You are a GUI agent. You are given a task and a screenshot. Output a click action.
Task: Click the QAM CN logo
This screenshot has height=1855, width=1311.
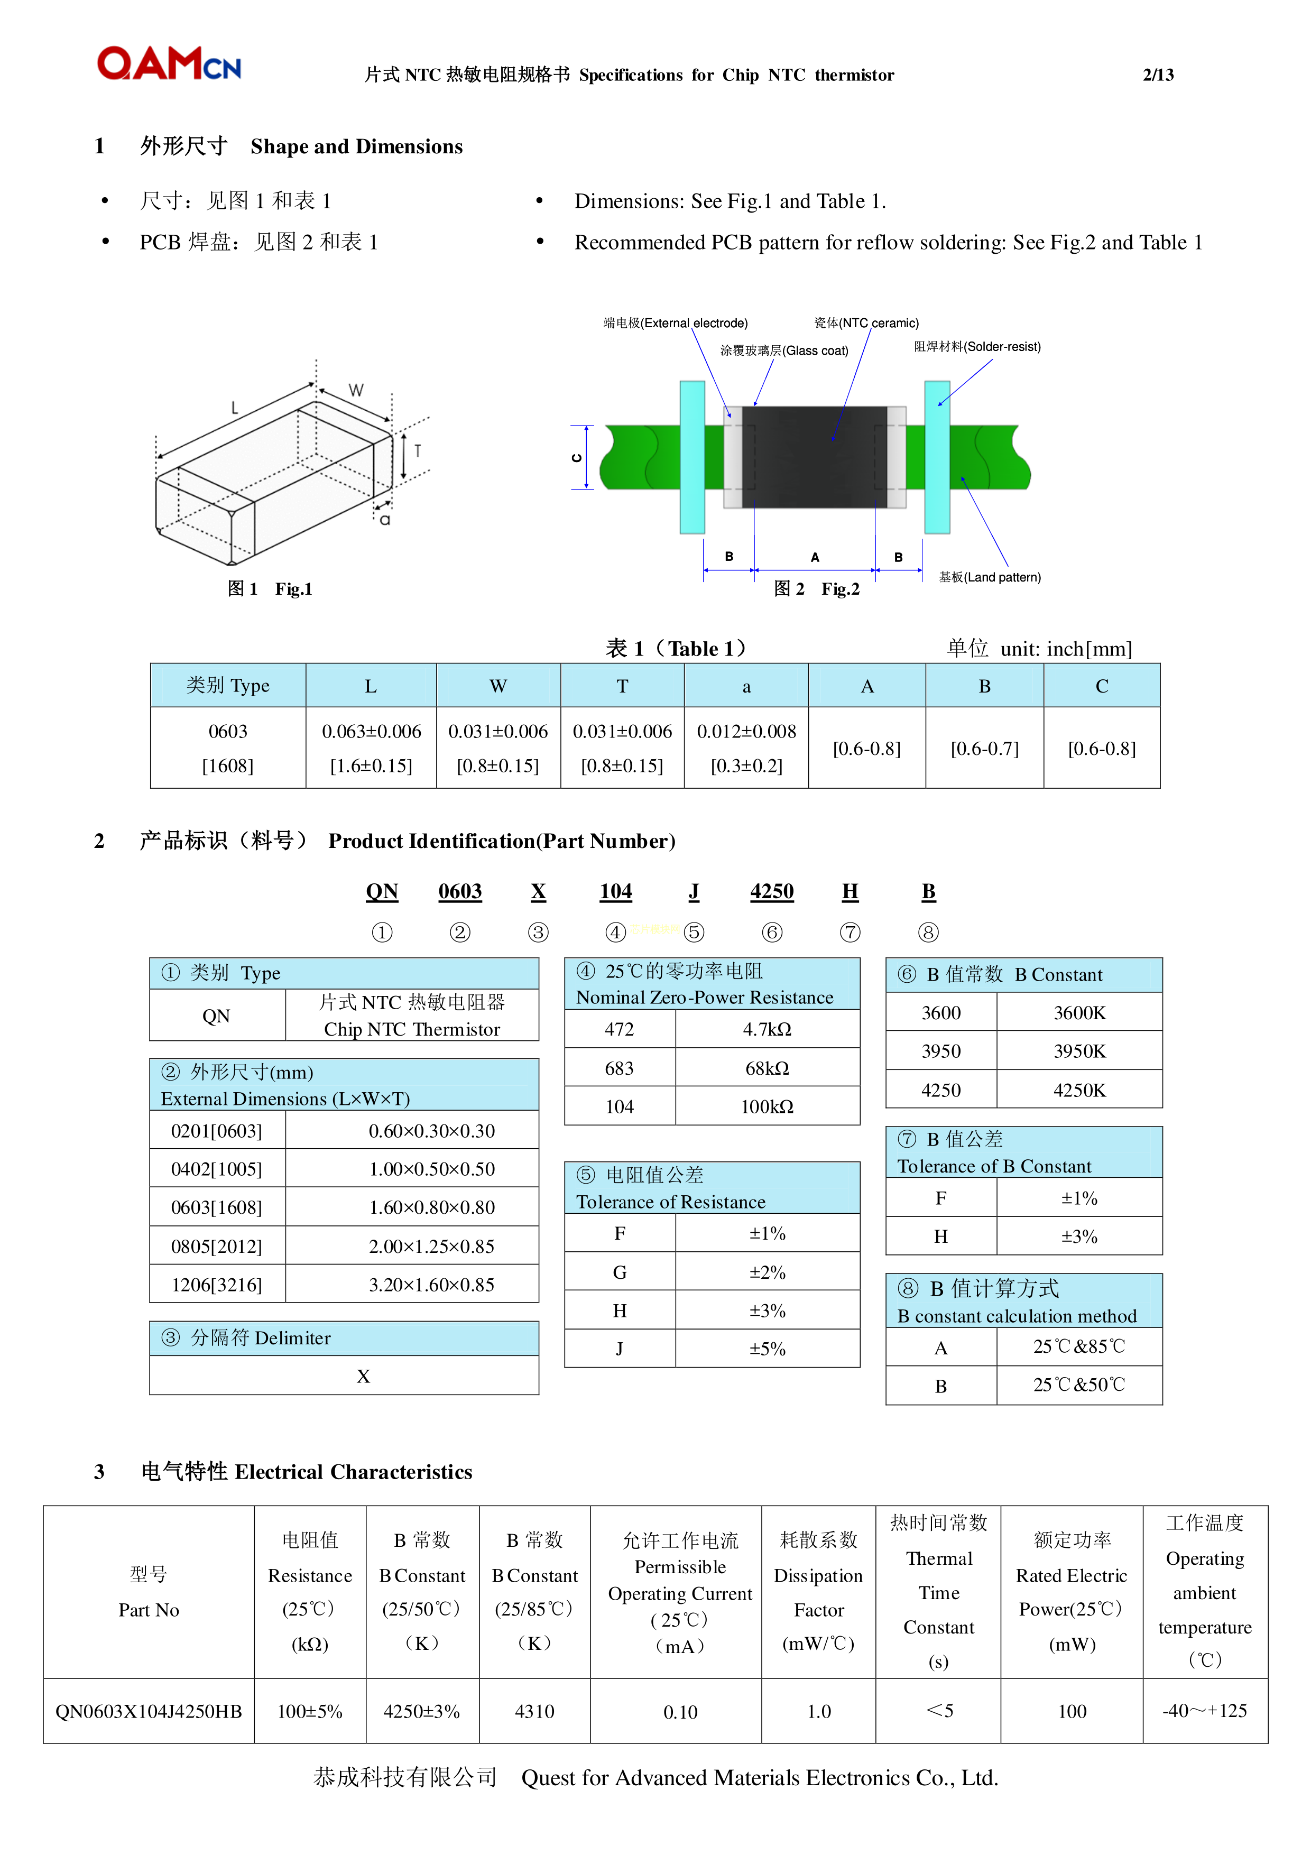[x=169, y=64]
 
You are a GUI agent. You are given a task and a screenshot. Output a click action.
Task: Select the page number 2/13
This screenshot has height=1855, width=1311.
[x=1158, y=75]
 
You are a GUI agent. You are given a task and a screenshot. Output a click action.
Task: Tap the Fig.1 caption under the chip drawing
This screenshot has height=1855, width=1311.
[x=270, y=589]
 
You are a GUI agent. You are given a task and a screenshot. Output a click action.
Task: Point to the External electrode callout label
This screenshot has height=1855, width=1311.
[x=675, y=323]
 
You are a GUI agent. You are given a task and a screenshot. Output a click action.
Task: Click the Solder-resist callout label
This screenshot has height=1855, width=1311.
[x=977, y=347]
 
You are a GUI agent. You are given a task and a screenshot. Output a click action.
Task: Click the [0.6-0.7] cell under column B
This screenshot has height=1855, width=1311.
[x=985, y=749]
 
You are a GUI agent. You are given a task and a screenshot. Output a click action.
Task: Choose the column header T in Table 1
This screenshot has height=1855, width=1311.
[x=622, y=686]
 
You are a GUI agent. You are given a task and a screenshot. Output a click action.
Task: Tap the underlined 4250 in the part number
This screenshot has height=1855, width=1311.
[x=771, y=891]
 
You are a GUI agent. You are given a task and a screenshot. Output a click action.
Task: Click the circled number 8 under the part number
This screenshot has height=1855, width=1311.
[x=928, y=933]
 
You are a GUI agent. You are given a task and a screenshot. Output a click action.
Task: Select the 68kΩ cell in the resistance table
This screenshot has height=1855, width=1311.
[x=767, y=1068]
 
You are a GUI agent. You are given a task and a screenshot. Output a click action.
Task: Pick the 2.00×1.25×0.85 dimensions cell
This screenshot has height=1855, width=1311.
[x=431, y=1246]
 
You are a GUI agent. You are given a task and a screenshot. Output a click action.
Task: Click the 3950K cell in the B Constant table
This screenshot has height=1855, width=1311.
[x=1079, y=1051]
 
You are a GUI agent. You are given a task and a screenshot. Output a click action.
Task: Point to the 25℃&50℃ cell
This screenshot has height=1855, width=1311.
[x=1079, y=1385]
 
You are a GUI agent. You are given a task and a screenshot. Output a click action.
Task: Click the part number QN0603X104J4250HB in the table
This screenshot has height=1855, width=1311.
[x=149, y=1711]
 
